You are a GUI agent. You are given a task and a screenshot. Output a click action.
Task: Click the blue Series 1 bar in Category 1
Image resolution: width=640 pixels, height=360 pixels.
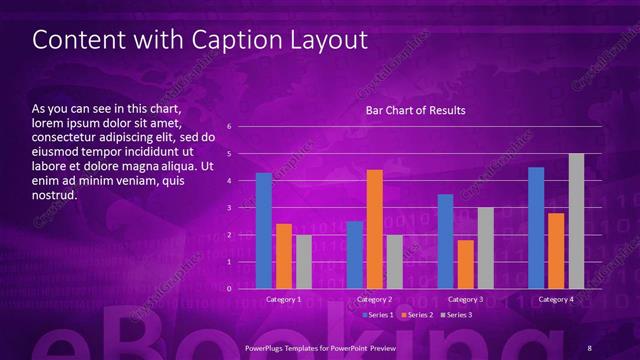click(x=264, y=231)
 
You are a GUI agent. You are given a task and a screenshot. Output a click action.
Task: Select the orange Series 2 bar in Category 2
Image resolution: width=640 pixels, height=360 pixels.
click(x=375, y=229)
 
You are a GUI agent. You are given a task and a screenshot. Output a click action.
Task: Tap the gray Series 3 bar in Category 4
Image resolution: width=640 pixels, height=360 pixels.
click(x=576, y=221)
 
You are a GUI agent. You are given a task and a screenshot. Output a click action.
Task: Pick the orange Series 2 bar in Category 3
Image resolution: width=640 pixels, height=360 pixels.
click(x=466, y=264)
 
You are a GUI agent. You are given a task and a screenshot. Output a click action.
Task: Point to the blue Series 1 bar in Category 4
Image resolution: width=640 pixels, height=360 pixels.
click(x=536, y=228)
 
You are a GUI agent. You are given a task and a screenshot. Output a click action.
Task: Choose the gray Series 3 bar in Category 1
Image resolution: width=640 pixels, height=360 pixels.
click(x=304, y=262)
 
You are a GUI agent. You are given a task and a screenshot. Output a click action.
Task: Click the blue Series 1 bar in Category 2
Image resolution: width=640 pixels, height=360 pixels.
click(x=355, y=255)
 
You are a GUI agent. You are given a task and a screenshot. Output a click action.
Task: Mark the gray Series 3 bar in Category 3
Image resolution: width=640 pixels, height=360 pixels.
click(x=486, y=248)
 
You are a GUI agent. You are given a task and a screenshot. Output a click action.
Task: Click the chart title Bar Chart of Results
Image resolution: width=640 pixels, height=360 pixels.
click(x=415, y=110)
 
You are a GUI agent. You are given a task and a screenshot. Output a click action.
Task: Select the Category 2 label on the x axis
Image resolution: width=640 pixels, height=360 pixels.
click(x=374, y=299)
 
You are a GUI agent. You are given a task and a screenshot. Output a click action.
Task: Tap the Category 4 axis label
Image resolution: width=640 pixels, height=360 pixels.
click(x=556, y=299)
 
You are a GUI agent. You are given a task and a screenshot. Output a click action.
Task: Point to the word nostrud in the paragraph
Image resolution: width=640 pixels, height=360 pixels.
click(x=55, y=195)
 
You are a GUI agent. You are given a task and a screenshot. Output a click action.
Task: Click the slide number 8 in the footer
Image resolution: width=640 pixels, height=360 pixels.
click(x=590, y=346)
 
